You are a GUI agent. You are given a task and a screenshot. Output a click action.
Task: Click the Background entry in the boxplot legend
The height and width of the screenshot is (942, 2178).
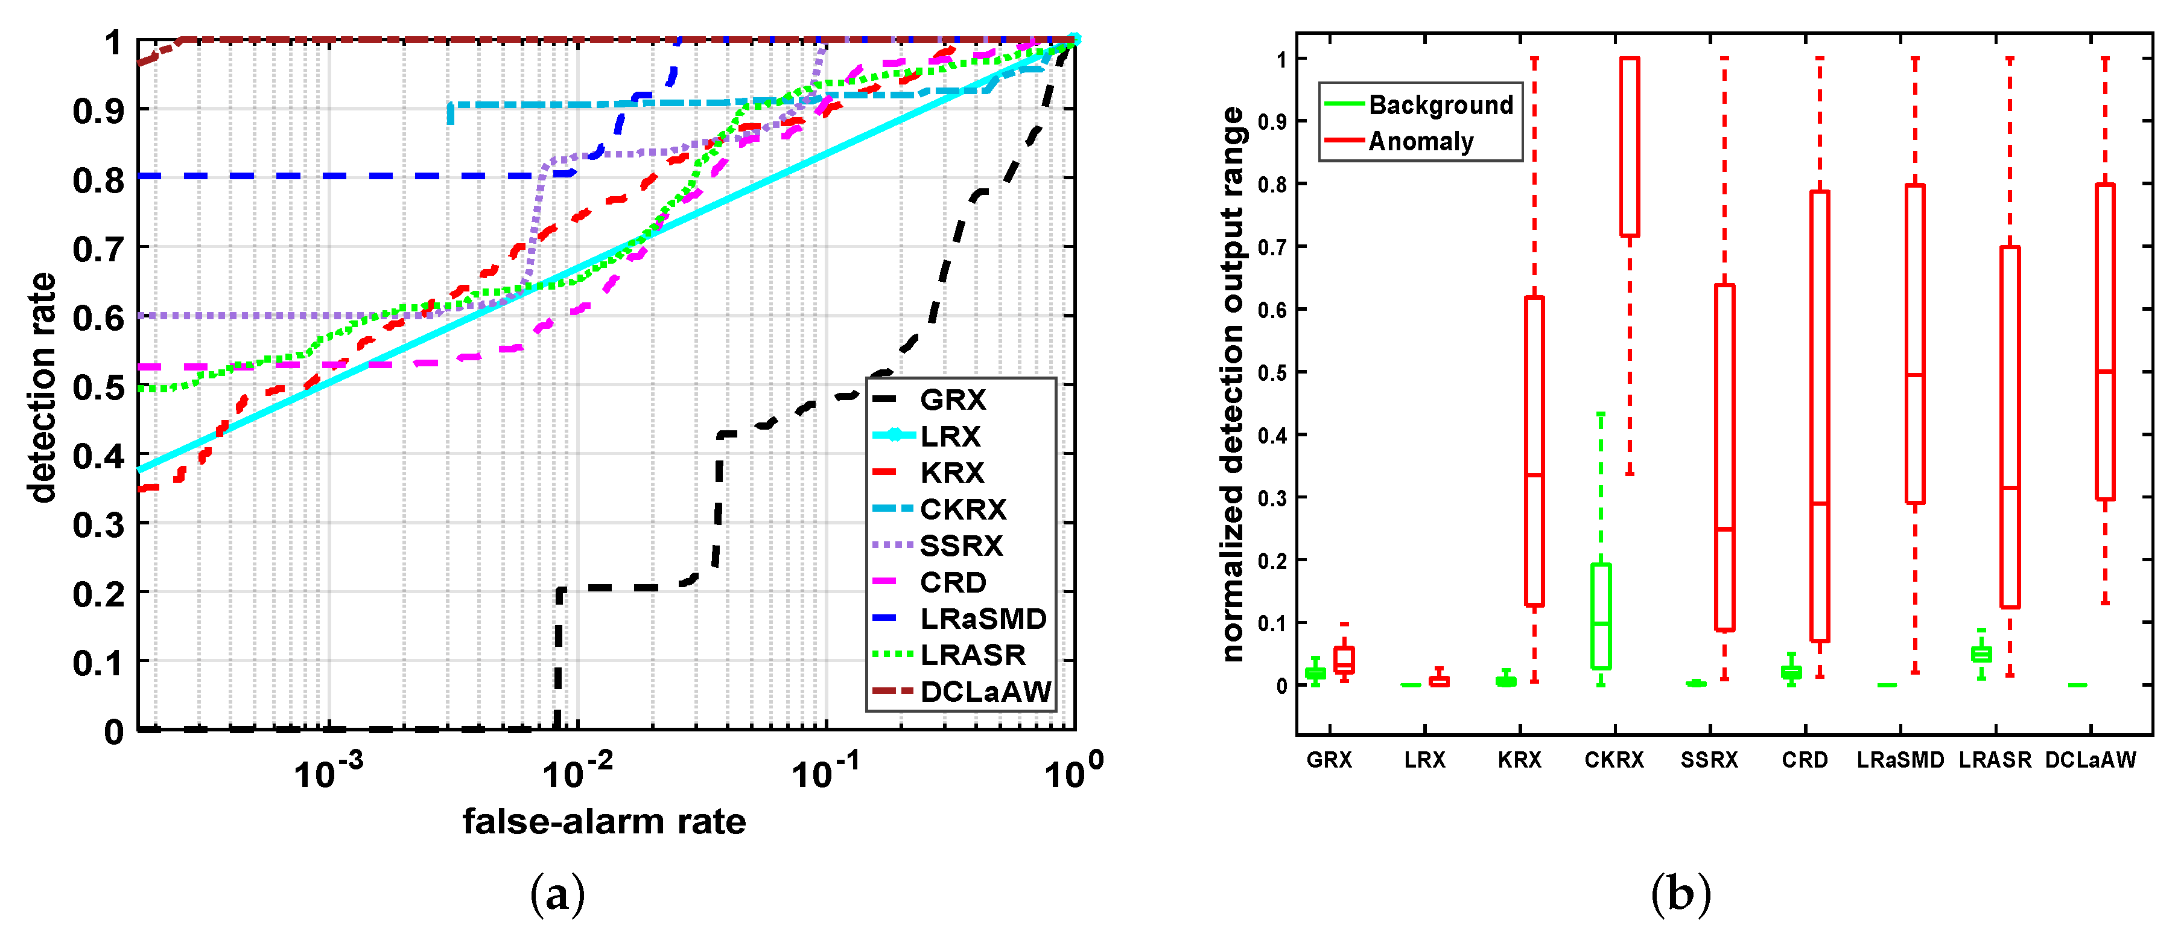coord(1440,105)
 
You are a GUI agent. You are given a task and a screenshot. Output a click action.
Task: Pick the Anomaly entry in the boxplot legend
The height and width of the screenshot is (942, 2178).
coord(1420,141)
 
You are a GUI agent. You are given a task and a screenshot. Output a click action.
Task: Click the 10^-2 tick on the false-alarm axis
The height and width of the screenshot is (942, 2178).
coord(577,771)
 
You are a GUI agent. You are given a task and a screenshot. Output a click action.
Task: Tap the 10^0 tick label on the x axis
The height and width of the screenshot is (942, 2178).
coord(1072,771)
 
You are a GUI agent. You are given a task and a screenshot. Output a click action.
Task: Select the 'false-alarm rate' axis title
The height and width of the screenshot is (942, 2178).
coord(604,822)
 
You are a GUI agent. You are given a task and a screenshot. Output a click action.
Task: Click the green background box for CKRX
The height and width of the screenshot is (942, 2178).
coord(1601,617)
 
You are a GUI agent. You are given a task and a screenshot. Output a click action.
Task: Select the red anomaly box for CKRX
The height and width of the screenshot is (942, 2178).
coord(1629,146)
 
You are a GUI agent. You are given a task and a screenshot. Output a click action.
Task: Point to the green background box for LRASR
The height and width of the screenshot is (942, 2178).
coord(1981,654)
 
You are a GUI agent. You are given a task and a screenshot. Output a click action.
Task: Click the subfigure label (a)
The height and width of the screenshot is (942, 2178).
coord(557,894)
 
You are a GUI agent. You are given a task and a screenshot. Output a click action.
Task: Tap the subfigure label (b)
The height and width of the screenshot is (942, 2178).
coord(1680,894)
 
